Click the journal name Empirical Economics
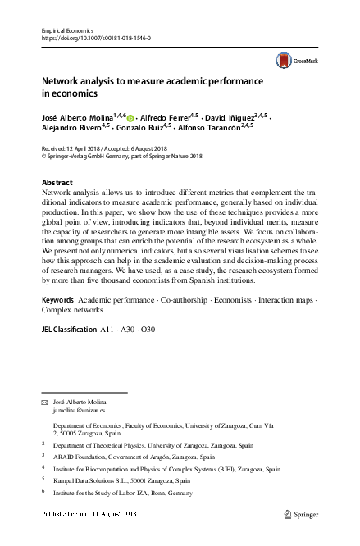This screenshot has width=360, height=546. [65, 30]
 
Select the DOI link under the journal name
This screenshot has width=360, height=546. [95, 38]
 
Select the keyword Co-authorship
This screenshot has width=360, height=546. [177, 301]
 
